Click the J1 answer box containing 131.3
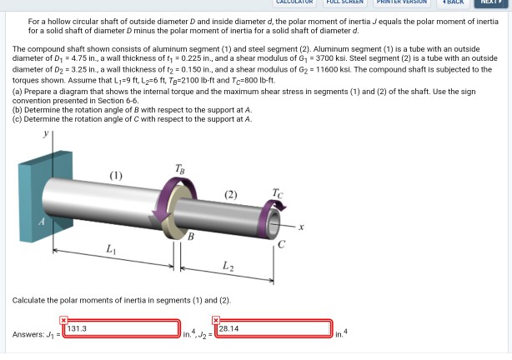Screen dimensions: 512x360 122,328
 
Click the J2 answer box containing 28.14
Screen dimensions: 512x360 274,328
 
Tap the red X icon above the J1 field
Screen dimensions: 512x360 63,320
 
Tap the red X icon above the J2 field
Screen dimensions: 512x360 216,320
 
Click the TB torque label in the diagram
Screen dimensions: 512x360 180,169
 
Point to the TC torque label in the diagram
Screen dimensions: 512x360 278,193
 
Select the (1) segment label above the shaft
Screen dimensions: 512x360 116,176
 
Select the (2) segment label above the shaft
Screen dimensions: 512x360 230,194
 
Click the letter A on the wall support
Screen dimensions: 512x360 42,222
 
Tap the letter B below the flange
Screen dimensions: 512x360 191,237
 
